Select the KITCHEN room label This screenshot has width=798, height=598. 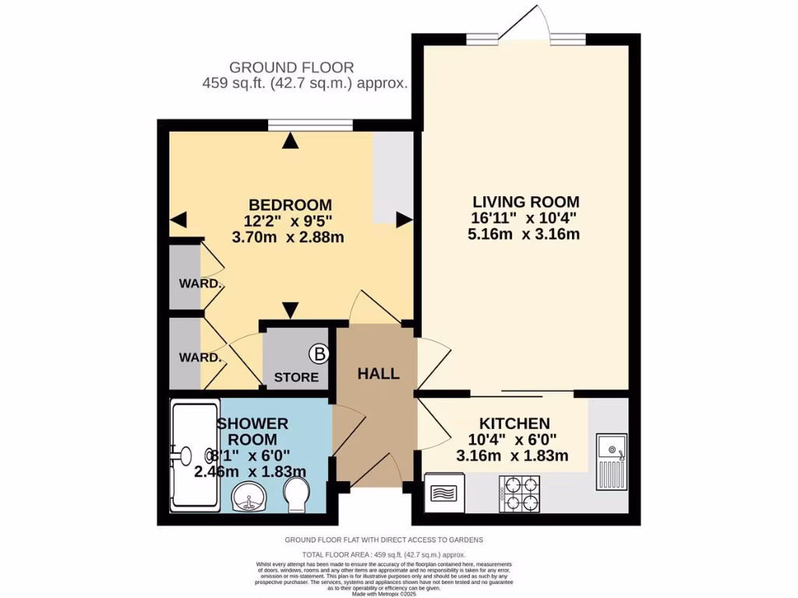pyautogui.click(x=514, y=423)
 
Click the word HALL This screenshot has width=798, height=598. pyautogui.click(x=378, y=374)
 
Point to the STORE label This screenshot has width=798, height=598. pyautogui.click(x=296, y=378)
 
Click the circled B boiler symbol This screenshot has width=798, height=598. pyautogui.click(x=319, y=354)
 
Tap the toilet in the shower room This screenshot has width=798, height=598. pyautogui.click(x=296, y=494)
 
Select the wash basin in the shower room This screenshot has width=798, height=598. pyautogui.click(x=249, y=496)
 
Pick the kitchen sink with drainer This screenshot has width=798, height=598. pyautogui.click(x=612, y=462)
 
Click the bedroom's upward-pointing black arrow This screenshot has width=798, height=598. pyautogui.click(x=291, y=141)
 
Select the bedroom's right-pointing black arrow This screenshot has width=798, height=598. pyautogui.click(x=404, y=220)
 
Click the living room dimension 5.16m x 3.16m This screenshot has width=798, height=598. pyautogui.click(x=524, y=234)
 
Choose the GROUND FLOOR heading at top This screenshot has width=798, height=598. pyautogui.click(x=291, y=68)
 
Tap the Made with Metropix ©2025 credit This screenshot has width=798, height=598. pyautogui.click(x=383, y=593)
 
